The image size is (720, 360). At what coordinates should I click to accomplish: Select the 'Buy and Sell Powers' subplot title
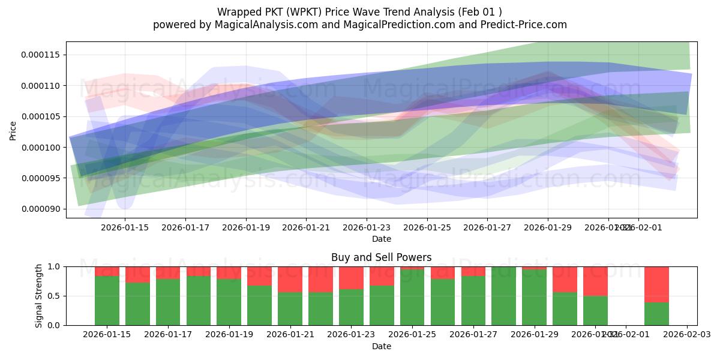[x=381, y=257]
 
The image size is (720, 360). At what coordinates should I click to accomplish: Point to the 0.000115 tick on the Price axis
[x=43, y=55]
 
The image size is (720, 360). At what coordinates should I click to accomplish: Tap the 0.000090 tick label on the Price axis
[x=43, y=209]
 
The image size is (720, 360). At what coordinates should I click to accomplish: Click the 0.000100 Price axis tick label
[x=43, y=148]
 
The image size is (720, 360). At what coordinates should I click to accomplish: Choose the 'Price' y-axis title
[x=13, y=130]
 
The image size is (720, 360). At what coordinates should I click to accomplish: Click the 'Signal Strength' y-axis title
[x=39, y=296]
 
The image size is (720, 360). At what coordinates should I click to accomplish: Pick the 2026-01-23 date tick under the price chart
[x=367, y=227]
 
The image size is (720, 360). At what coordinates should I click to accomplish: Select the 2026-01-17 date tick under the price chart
[x=185, y=227]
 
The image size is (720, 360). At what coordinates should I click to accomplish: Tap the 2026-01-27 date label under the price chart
[x=487, y=227]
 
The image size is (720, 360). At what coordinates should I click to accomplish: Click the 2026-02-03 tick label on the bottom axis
[x=686, y=335]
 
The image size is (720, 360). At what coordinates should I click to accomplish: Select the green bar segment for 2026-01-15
[x=107, y=300]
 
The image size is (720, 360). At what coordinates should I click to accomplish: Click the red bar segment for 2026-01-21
[x=290, y=279]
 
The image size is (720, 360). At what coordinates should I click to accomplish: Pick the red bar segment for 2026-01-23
[x=351, y=278]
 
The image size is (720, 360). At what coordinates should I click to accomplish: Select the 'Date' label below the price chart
[x=381, y=239]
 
